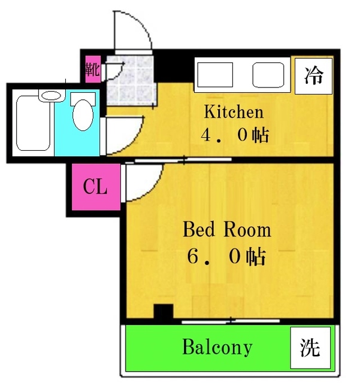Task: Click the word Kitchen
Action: [234, 112]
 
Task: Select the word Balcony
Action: [217, 347]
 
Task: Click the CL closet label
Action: [95, 187]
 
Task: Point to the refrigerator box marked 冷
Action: [313, 76]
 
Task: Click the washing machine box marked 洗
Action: [310, 347]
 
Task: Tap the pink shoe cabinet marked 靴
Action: [93, 69]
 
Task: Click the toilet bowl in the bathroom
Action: [83, 115]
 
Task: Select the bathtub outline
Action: [34, 123]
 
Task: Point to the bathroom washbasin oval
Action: [51, 95]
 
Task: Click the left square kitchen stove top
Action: [215, 75]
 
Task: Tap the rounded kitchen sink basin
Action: [268, 75]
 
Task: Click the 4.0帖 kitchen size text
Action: [235, 135]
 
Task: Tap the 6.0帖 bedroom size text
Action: [226, 257]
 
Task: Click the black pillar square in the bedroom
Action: [164, 311]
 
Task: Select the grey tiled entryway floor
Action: [131, 81]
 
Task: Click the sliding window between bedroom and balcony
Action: [231, 321]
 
